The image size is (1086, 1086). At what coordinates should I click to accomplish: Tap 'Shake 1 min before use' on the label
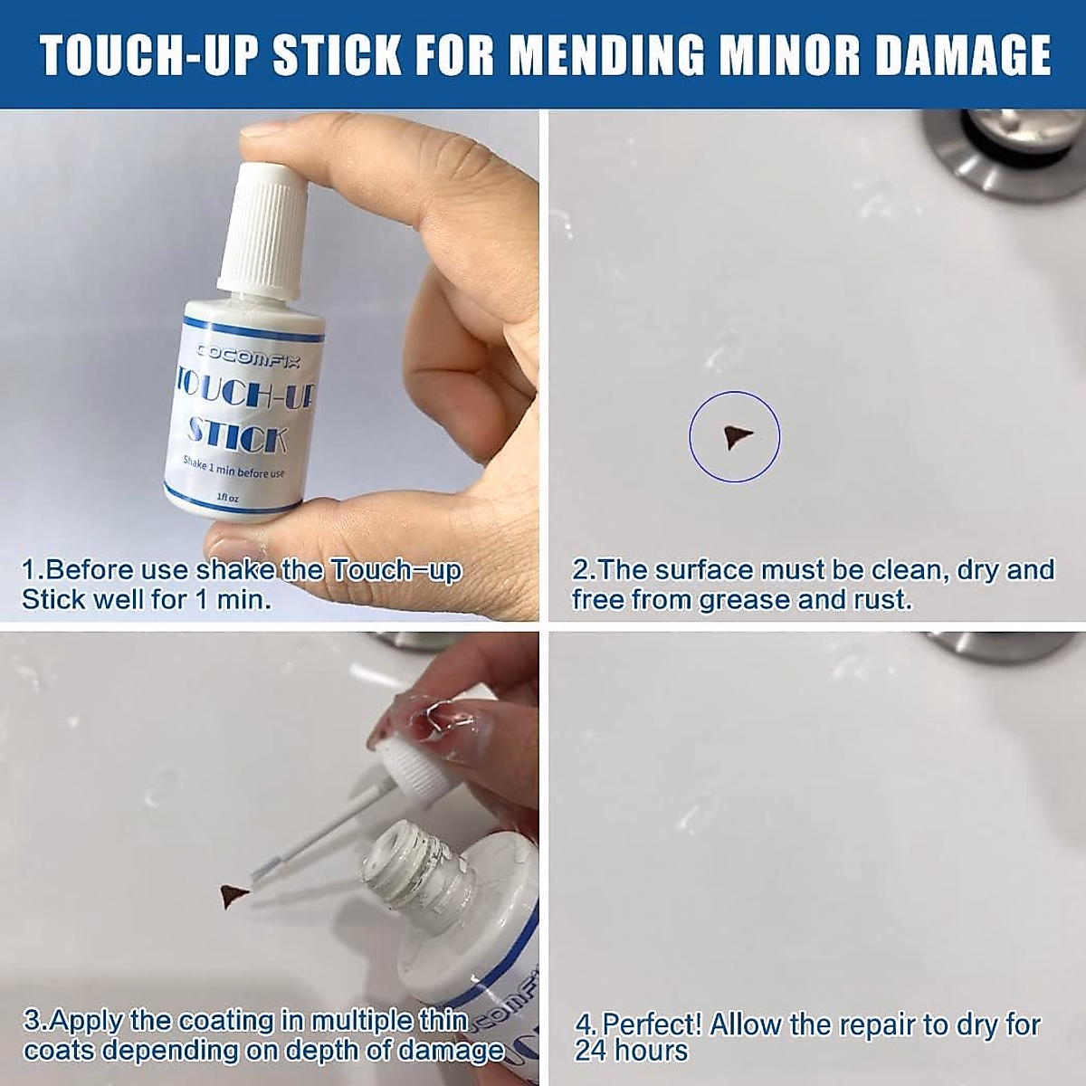tap(233, 468)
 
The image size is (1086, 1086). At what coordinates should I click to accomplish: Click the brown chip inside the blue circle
tap(735, 438)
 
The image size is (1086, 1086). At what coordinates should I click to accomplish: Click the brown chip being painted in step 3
tap(233, 896)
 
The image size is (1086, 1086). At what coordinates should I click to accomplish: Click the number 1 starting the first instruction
tap(29, 570)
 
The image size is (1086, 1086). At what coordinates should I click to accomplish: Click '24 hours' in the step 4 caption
tap(631, 1051)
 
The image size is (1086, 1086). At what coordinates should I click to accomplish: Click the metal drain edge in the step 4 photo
tap(995, 644)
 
